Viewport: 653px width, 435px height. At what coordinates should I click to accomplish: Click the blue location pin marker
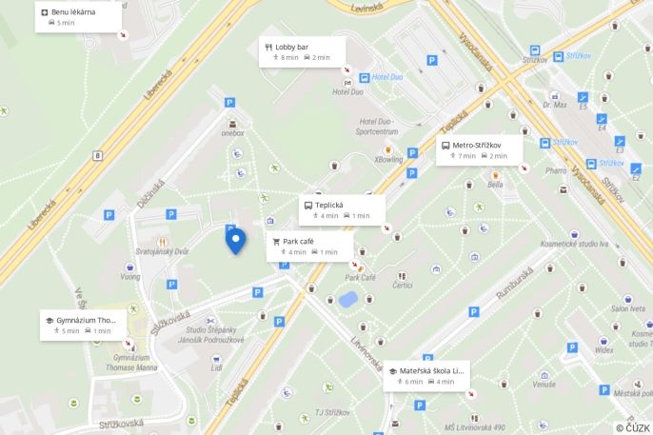click(x=234, y=240)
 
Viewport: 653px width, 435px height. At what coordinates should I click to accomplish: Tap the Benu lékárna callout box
click(x=78, y=16)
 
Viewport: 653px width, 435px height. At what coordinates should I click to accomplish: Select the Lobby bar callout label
click(x=303, y=51)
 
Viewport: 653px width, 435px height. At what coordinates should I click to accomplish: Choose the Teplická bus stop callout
click(x=342, y=209)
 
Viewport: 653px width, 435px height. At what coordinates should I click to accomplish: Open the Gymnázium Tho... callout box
click(x=83, y=325)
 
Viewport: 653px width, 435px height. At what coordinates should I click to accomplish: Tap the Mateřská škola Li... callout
click(x=428, y=376)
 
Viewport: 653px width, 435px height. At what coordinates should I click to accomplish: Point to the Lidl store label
click(x=217, y=367)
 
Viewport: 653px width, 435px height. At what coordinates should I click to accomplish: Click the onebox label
click(x=232, y=133)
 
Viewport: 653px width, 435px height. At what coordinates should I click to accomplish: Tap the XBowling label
click(x=388, y=160)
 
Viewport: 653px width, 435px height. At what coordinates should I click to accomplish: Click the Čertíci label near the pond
click(x=402, y=286)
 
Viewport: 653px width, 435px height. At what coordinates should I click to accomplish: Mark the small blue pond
click(x=347, y=299)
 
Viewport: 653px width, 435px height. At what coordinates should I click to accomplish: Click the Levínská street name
click(x=366, y=7)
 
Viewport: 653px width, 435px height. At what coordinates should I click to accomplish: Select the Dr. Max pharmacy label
click(x=555, y=105)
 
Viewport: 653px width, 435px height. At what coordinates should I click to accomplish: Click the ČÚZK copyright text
click(x=632, y=427)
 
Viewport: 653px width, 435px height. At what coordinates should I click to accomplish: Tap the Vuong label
click(x=129, y=277)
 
